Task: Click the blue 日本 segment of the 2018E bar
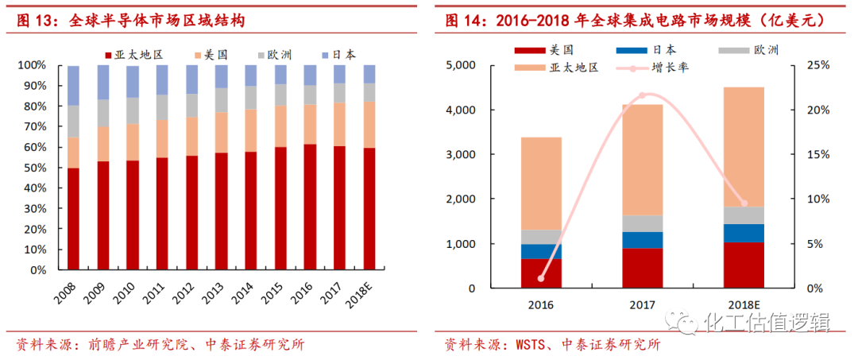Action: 743,233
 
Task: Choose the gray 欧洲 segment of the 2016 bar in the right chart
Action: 541,237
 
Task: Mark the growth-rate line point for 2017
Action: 642,95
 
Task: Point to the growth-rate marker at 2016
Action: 541,278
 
